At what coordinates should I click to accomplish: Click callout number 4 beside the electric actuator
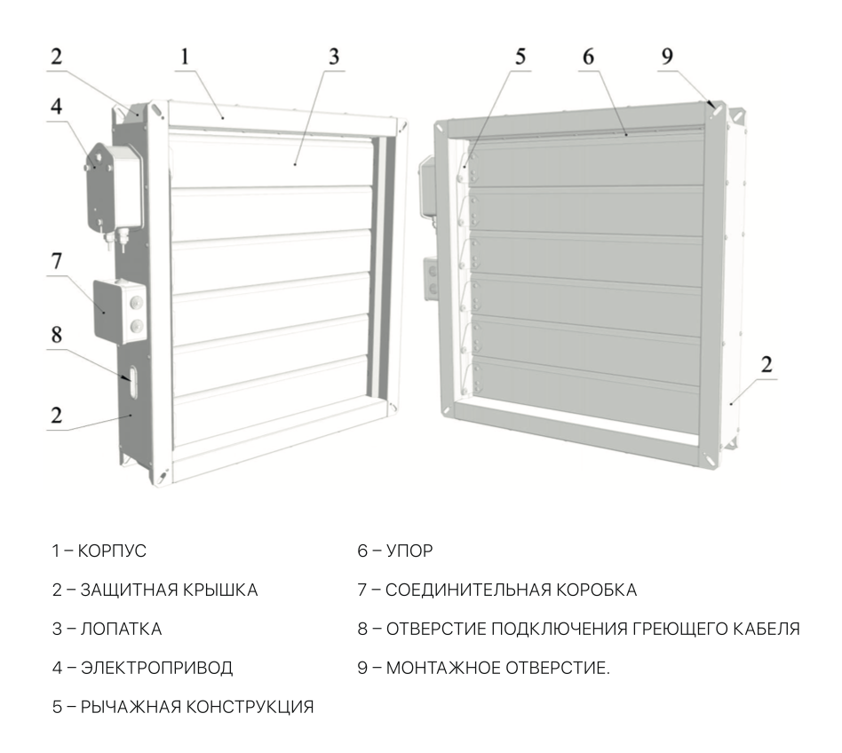pos(56,107)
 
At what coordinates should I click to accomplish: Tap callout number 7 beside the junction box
pos(56,261)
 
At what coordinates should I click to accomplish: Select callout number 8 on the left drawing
pos(56,335)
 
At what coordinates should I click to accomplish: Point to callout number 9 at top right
pos(666,56)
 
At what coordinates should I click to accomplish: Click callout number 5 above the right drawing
pos(520,56)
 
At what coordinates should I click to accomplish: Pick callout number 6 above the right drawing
pos(588,56)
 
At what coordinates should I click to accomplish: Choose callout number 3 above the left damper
pos(334,56)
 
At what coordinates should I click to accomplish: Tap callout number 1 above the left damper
pos(185,56)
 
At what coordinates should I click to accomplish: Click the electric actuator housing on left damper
pos(115,188)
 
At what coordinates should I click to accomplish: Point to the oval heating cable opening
pos(132,382)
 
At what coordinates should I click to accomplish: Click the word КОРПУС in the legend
pos(112,551)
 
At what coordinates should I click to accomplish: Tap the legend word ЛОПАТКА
pos(121,629)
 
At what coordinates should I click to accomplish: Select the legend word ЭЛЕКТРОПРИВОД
pos(156,668)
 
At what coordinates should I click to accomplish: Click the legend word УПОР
pos(409,551)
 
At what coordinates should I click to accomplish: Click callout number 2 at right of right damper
pos(767,364)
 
